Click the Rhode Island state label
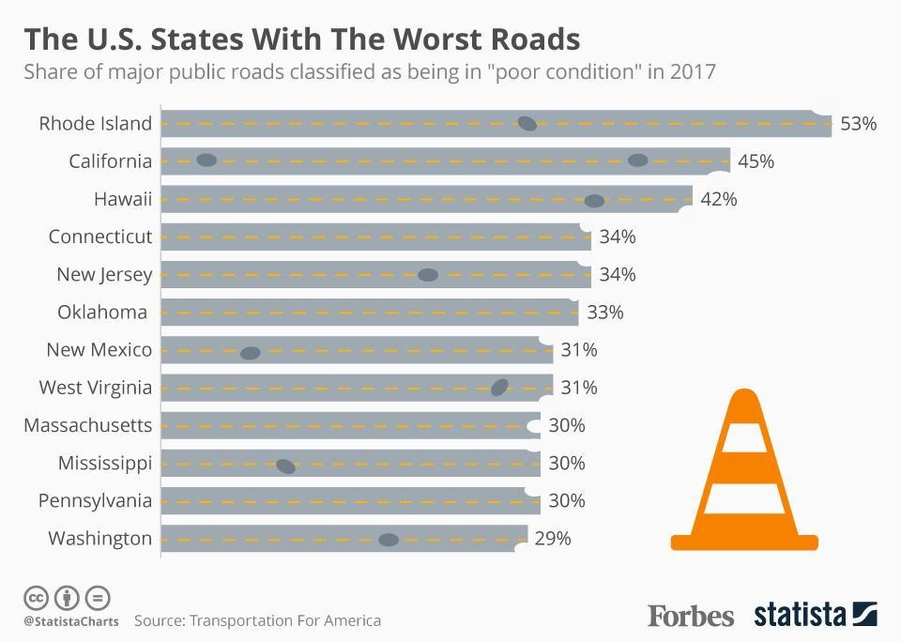click(95, 123)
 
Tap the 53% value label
click(858, 123)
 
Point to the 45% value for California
click(756, 160)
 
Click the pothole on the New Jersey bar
click(428, 275)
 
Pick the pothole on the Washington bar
click(388, 539)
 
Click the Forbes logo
click(690, 616)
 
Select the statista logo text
click(800, 616)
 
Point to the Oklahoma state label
click(102, 312)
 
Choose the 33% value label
click(605, 312)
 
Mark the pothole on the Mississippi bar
click(286, 466)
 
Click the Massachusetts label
click(87, 425)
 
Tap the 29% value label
click(552, 539)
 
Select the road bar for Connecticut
click(375, 237)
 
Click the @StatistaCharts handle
click(70, 621)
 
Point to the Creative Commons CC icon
click(37, 597)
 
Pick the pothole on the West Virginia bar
click(499, 387)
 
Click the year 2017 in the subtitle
click(694, 72)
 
